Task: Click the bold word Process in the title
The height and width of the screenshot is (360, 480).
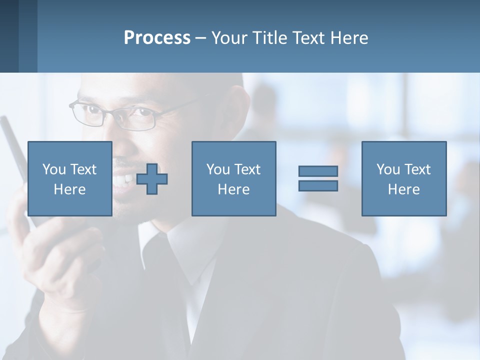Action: click(x=157, y=38)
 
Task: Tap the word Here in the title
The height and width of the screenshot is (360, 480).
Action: click(x=349, y=38)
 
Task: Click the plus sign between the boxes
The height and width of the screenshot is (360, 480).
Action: click(x=152, y=179)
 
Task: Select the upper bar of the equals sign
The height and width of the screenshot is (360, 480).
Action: click(x=318, y=171)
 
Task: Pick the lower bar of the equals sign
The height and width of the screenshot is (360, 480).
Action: click(x=318, y=186)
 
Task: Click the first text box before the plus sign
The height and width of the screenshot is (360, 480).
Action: click(x=69, y=178)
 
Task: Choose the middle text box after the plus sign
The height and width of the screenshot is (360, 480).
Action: click(x=233, y=178)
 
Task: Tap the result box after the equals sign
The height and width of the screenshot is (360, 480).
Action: click(x=403, y=178)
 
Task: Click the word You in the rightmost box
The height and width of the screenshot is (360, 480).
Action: click(x=388, y=169)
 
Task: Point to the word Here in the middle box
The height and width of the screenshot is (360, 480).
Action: click(x=233, y=189)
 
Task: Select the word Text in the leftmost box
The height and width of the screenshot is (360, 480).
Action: click(x=82, y=169)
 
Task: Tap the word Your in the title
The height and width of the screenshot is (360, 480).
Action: click(x=231, y=38)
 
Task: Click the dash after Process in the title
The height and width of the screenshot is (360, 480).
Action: click(x=201, y=38)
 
